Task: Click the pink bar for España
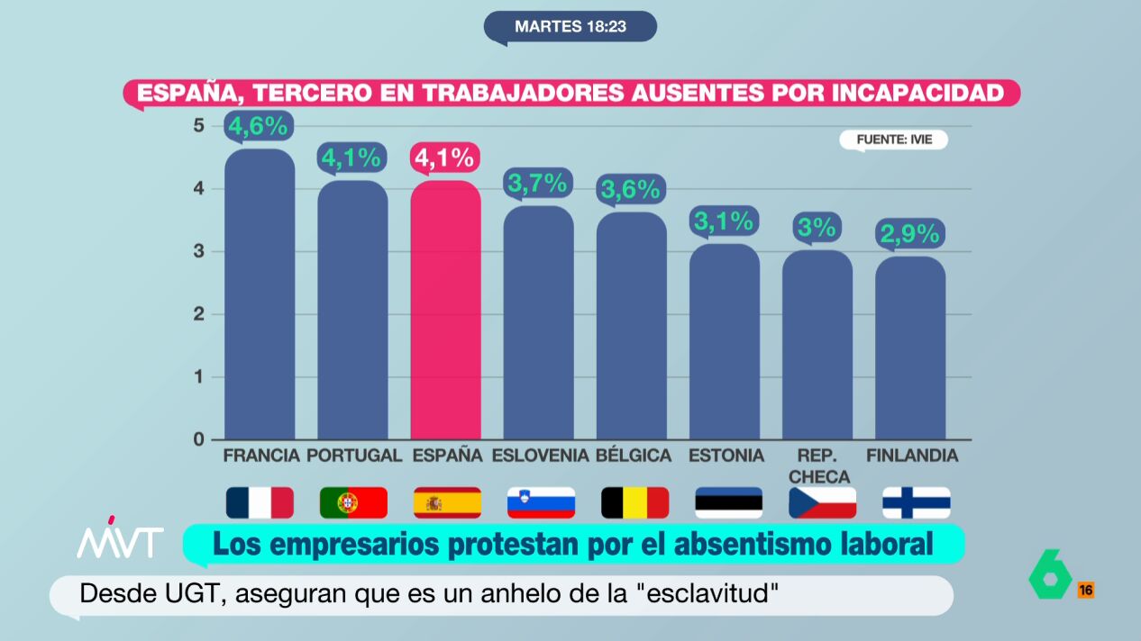tap(445, 311)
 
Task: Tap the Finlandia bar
tap(910, 348)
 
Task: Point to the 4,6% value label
tap(258, 127)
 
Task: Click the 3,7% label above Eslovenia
tap(538, 185)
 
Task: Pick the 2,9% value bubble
tap(910, 234)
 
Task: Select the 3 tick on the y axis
tap(198, 251)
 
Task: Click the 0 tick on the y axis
tap(198, 439)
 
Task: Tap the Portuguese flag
tap(353, 502)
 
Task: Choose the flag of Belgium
tap(634, 502)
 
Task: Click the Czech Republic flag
tap(822, 502)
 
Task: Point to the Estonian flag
tap(728, 502)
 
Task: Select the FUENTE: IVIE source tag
tap(893, 140)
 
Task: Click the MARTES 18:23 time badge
tap(570, 26)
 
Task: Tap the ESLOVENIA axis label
tap(540, 456)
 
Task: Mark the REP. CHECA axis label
tap(817, 465)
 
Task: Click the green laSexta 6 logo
tap(1050, 573)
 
